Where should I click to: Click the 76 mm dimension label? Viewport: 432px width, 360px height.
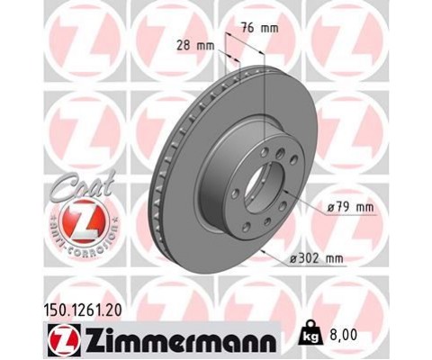pyautogui.click(x=260, y=28)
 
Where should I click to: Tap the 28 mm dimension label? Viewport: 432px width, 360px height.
pyautogui.click(x=195, y=46)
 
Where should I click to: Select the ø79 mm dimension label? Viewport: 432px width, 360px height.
pyautogui.click(x=350, y=207)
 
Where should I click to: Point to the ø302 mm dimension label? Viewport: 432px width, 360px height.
pyautogui.click(x=316, y=258)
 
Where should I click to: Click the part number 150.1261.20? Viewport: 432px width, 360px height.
pyautogui.click(x=83, y=310)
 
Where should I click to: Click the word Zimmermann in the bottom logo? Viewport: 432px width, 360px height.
pyautogui.click(x=181, y=342)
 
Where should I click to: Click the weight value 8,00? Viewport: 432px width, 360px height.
pyautogui.click(x=344, y=335)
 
